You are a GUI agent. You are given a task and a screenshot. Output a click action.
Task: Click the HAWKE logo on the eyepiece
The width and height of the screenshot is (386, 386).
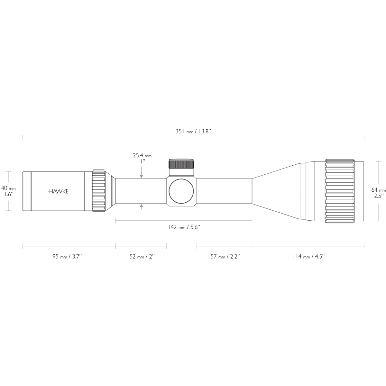[58, 191]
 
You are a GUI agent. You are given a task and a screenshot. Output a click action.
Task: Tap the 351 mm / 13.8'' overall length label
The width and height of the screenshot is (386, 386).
[193, 131]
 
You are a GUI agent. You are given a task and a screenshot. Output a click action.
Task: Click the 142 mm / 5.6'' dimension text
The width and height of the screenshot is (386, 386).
[184, 227]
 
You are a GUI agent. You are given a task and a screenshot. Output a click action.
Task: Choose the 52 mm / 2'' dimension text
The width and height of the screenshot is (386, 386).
[142, 256]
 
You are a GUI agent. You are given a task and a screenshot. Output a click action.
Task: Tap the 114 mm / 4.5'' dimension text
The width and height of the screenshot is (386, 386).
[308, 256]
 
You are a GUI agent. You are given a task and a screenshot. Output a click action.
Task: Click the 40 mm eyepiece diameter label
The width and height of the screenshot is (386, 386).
[8, 188]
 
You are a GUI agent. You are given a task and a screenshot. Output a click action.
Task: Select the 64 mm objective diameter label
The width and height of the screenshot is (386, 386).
[378, 190]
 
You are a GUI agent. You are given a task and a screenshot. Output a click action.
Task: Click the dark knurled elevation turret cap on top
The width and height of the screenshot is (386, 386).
[181, 164]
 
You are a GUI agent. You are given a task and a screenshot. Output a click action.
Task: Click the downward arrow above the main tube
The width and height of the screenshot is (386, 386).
[142, 176]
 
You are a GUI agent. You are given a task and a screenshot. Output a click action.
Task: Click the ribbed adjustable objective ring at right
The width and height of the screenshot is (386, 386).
[340, 191]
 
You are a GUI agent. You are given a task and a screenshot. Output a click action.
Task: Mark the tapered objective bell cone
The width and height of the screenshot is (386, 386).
[277, 191]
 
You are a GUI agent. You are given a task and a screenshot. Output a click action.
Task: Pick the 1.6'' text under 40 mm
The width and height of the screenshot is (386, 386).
[8, 194]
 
